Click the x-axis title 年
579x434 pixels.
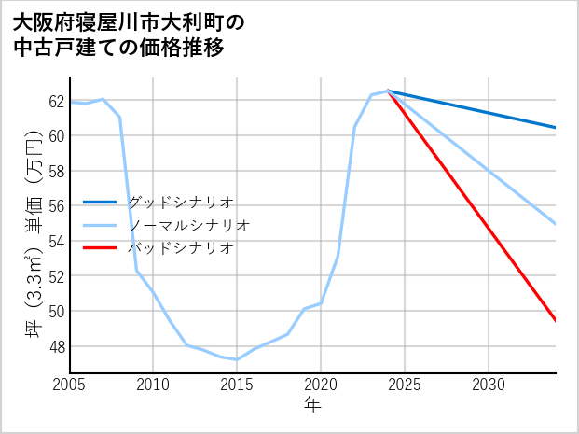point(312,405)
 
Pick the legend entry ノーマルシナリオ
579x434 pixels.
point(188,225)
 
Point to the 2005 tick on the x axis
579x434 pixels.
point(70,385)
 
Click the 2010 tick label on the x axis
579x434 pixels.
point(153,385)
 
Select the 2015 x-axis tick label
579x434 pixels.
point(237,385)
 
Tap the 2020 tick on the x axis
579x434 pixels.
point(321,385)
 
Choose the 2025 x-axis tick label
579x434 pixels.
point(405,385)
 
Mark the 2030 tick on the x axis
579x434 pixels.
point(489,385)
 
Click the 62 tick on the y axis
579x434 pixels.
point(56,101)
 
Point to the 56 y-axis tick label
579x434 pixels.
point(56,206)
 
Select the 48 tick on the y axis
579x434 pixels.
point(56,346)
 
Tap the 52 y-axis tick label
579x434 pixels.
point(56,276)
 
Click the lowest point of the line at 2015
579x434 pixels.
point(237,359)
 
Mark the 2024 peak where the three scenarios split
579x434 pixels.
point(388,91)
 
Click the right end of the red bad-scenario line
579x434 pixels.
point(556,321)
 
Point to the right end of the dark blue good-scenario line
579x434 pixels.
point(556,128)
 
